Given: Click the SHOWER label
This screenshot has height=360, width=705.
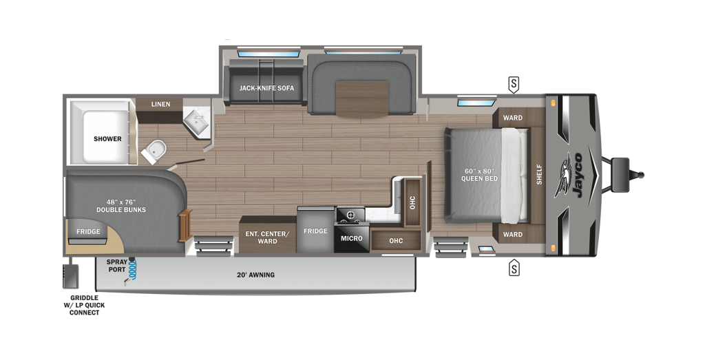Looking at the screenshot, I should (x=107, y=138).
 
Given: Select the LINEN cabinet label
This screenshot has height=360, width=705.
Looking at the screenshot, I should (x=160, y=105).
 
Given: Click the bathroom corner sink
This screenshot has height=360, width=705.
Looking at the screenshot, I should (x=198, y=121).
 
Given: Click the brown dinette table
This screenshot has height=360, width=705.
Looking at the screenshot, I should (x=362, y=98).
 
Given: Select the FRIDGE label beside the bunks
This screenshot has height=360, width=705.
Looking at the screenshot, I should (x=88, y=231).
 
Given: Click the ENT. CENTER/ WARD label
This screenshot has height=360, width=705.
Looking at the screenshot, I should (x=267, y=237).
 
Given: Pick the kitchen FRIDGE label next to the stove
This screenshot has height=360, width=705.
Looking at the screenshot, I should (x=315, y=231).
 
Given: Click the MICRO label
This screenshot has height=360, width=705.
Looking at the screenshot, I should (x=351, y=238).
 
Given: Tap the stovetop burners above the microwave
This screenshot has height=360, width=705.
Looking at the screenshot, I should (x=350, y=216).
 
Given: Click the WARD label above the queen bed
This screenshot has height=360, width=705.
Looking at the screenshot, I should (x=512, y=118).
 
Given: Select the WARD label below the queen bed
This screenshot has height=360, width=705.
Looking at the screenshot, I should (x=512, y=234).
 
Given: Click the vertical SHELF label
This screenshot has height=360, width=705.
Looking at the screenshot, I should (x=539, y=175).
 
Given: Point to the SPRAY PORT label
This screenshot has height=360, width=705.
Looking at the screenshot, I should (x=116, y=266).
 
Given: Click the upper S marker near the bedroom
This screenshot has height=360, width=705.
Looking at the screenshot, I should (x=514, y=85).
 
